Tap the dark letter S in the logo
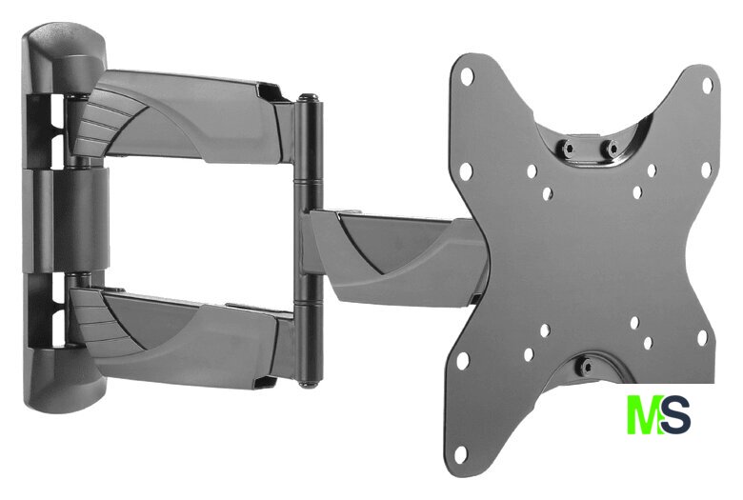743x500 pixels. point(675,414)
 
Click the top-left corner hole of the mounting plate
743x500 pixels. point(467,75)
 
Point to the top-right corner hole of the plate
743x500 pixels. point(707,85)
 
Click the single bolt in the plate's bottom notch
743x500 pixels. point(587,366)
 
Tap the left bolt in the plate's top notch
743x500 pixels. point(569,148)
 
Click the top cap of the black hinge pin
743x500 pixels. point(309,98)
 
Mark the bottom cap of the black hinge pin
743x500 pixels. point(309,383)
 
